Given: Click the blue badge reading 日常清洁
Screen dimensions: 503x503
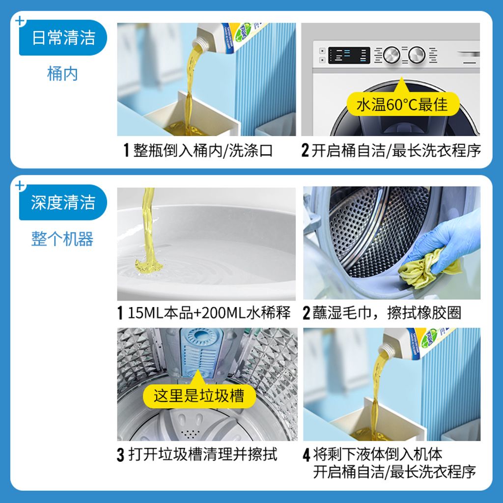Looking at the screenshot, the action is pos(63,37).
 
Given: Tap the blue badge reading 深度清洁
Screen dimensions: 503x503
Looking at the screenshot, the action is pos(63,202).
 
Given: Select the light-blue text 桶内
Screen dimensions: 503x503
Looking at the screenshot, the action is pos(62,74).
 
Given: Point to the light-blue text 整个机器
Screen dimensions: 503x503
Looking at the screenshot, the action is pos(62,239).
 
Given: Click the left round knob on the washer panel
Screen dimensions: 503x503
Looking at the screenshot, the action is pos(391,55).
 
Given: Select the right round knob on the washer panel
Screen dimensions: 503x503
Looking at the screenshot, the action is pos(417,55).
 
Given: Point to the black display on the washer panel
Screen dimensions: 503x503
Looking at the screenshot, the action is pos(349,55).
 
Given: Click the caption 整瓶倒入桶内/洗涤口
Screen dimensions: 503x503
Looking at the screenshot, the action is pos(203,150).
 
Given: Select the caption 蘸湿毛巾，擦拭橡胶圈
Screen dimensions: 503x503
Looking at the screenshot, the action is pos(387,313).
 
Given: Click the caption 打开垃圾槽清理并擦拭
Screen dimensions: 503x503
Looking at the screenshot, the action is pos(203,454).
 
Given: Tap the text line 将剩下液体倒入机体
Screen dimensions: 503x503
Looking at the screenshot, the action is pos(378,454).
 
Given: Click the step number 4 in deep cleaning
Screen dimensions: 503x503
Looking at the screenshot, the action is pos(307,455).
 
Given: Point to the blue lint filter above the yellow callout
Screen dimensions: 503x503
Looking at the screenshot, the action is pos(201,351).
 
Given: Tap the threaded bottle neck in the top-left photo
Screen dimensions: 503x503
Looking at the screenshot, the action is pos(201,42).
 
